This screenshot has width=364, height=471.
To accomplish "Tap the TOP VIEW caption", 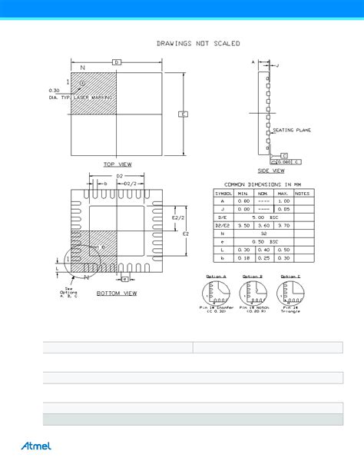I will coord(118,164).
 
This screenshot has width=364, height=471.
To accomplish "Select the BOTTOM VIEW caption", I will coord(117,293).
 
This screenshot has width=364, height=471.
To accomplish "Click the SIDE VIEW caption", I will coord(272,171).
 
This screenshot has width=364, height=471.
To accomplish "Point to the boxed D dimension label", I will coord(117,61).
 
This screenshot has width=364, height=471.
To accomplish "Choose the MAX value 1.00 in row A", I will coord(282,201).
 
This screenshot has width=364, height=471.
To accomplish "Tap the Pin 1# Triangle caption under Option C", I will coord(290,310).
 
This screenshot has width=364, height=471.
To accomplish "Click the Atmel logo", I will coord(34,446).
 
